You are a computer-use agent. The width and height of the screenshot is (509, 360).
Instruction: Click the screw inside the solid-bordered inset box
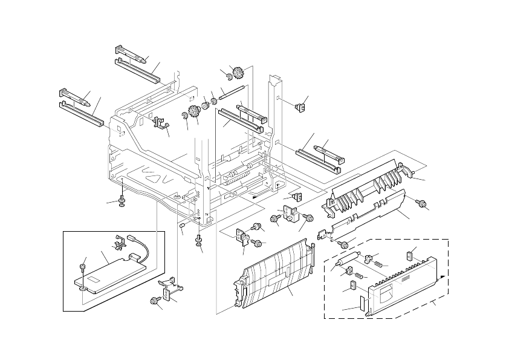(82, 267)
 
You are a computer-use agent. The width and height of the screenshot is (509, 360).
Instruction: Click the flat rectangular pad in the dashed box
(362, 304)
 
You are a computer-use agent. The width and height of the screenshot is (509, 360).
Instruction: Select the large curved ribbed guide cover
(275, 275)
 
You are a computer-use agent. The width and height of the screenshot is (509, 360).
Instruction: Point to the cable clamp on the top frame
(160, 123)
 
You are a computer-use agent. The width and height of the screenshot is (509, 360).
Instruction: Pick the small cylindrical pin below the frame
(181, 225)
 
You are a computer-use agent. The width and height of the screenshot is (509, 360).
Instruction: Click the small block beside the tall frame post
(297, 107)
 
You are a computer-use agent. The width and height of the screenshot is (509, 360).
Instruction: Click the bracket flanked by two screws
(290, 216)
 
